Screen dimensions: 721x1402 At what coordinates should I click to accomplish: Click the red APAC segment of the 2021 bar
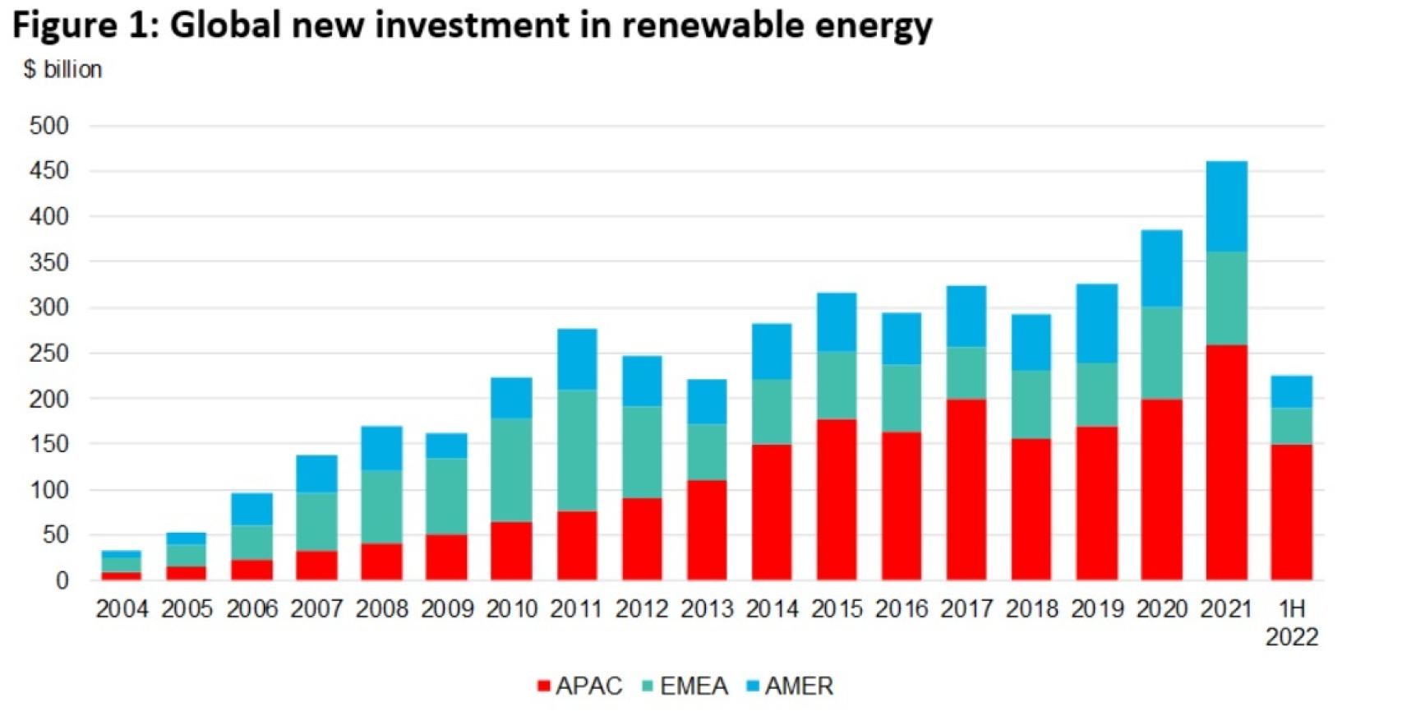pos(1226,462)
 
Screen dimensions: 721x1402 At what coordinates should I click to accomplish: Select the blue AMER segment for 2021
pos(1226,206)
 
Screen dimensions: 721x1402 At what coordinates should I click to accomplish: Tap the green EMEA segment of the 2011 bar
pos(577,451)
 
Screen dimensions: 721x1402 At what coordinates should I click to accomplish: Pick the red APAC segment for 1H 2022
pos(1291,511)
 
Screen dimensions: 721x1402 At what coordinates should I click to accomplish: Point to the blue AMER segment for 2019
pos(1096,323)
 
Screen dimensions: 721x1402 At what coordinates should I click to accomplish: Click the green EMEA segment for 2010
pos(511,470)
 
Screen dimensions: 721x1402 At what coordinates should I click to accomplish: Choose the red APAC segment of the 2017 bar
pos(966,489)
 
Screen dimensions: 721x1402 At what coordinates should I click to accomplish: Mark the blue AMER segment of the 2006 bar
pos(251,509)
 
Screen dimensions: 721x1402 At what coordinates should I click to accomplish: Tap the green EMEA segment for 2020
pos(1161,353)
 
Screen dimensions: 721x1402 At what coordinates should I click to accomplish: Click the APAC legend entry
pos(580,686)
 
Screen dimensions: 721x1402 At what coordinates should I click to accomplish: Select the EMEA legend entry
pos(685,686)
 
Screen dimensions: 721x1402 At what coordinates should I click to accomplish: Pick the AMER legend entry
pos(791,686)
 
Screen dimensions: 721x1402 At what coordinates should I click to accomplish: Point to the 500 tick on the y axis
pos(49,127)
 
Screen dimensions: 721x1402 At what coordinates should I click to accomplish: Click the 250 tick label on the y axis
pos(49,354)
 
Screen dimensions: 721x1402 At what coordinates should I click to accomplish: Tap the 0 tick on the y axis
pos(62,580)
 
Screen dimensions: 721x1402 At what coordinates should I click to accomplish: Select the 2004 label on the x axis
pos(122,609)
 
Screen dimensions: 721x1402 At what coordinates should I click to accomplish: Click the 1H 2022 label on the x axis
pos(1291,622)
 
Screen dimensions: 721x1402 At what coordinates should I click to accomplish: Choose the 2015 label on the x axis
pos(837,609)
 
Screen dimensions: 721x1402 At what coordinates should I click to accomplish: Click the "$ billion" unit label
pos(63,70)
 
